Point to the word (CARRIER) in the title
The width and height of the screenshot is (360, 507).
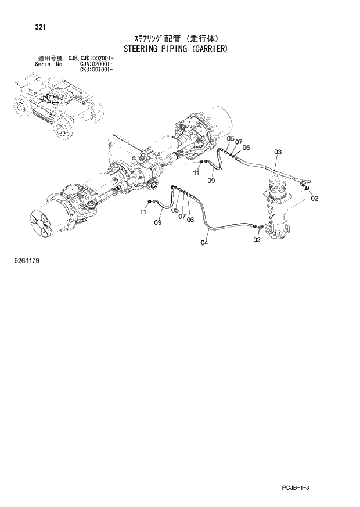tap(214, 49)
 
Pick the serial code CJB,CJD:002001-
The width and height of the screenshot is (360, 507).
tap(91, 59)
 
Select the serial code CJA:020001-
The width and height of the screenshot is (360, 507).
tap(96, 64)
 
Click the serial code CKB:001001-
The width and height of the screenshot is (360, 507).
tap(96, 69)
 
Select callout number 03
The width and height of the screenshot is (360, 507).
tap(278, 152)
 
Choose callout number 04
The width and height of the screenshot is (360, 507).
tap(204, 242)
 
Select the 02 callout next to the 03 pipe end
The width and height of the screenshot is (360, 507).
tap(315, 199)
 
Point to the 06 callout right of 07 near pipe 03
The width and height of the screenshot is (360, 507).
tap(246, 148)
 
